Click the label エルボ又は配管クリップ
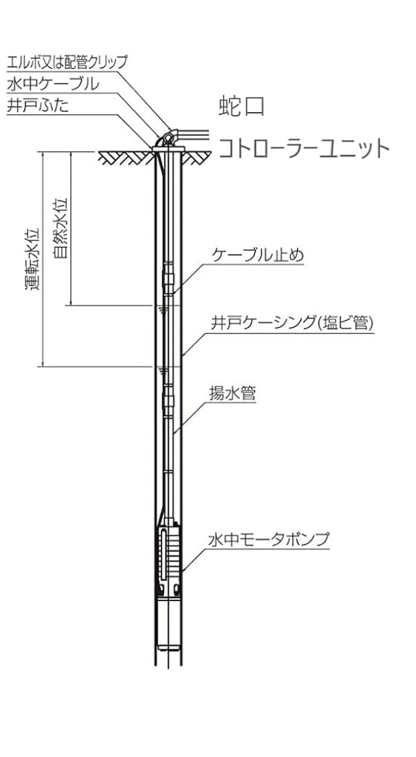(67, 62)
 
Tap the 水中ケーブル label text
(53, 84)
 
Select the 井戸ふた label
(38, 106)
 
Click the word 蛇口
(242, 107)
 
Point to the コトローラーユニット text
(305, 148)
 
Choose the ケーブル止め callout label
(258, 255)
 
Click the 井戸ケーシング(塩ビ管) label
(293, 324)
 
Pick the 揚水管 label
(232, 394)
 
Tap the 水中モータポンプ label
(269, 540)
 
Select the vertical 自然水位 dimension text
(61, 227)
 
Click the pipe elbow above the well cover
(169, 138)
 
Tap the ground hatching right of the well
(197, 157)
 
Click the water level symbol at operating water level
(163, 370)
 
